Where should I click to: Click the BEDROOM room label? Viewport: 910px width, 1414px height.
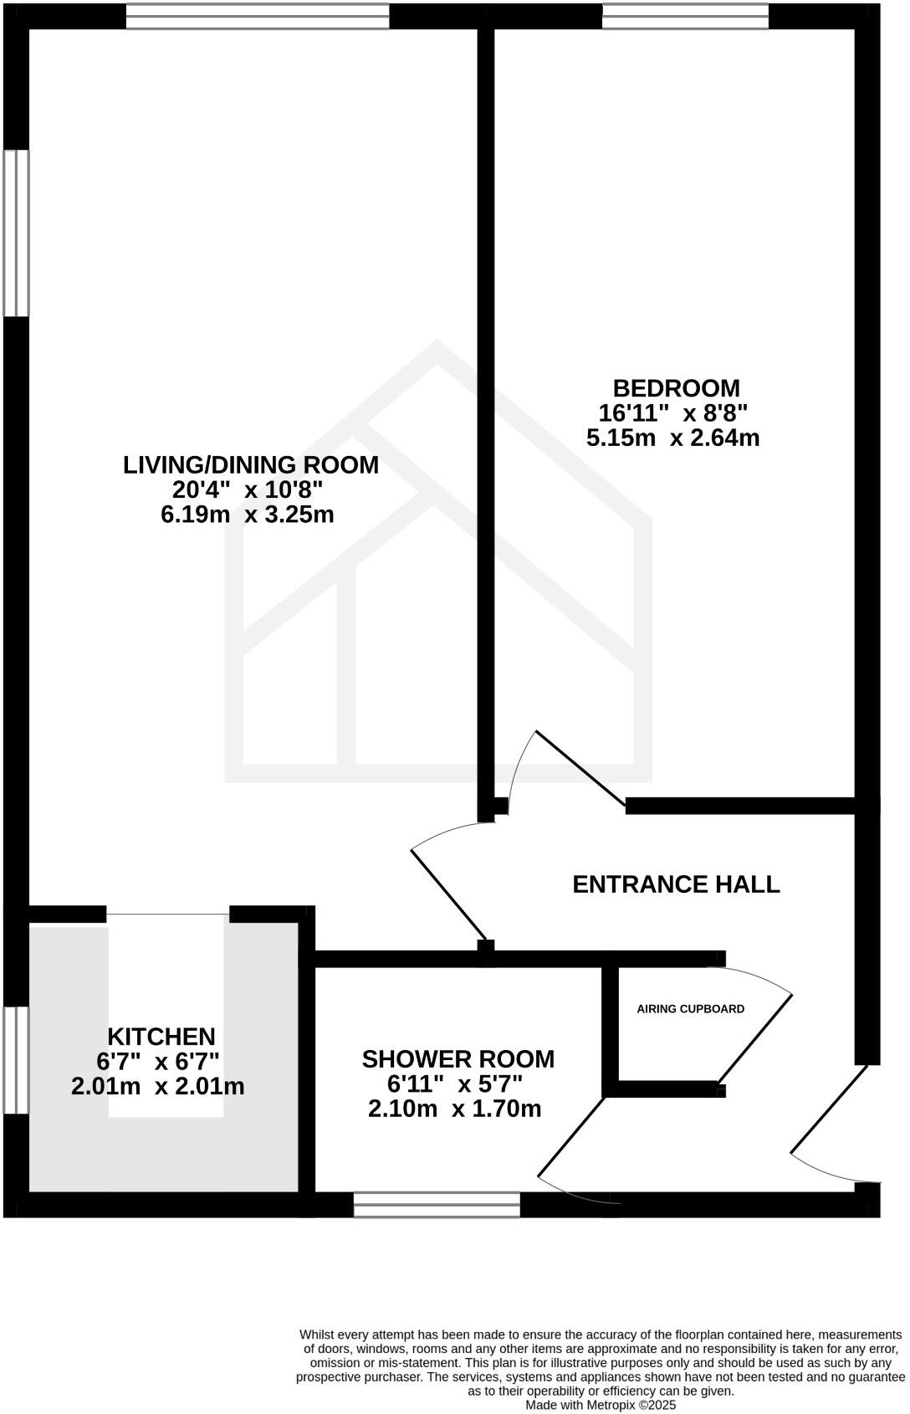676,388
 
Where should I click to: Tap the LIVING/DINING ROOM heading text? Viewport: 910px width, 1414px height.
251,464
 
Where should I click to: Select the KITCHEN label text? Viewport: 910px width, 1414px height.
161,1037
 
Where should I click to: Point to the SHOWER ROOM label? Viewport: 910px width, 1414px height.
458,1059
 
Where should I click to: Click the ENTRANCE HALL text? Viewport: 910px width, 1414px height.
676,884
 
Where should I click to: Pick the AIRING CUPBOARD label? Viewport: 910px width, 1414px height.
690,1009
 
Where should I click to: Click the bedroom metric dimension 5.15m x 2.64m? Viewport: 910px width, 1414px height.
672,438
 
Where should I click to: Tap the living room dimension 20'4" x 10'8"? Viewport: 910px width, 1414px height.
248,489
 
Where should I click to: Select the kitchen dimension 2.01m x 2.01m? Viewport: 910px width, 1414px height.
158,1087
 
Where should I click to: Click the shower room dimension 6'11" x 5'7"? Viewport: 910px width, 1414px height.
454,1084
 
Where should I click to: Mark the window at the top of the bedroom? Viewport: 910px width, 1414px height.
685,17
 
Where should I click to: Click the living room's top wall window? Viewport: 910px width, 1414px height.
258,17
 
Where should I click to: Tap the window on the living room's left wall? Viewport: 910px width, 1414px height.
16,233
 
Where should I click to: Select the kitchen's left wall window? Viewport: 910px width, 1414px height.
16,1060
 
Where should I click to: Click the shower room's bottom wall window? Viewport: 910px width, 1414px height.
437,1205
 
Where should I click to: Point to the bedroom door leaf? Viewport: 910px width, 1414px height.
580,769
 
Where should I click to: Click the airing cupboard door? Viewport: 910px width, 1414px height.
754,1037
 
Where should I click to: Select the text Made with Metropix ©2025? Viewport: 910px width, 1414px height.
600,1405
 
